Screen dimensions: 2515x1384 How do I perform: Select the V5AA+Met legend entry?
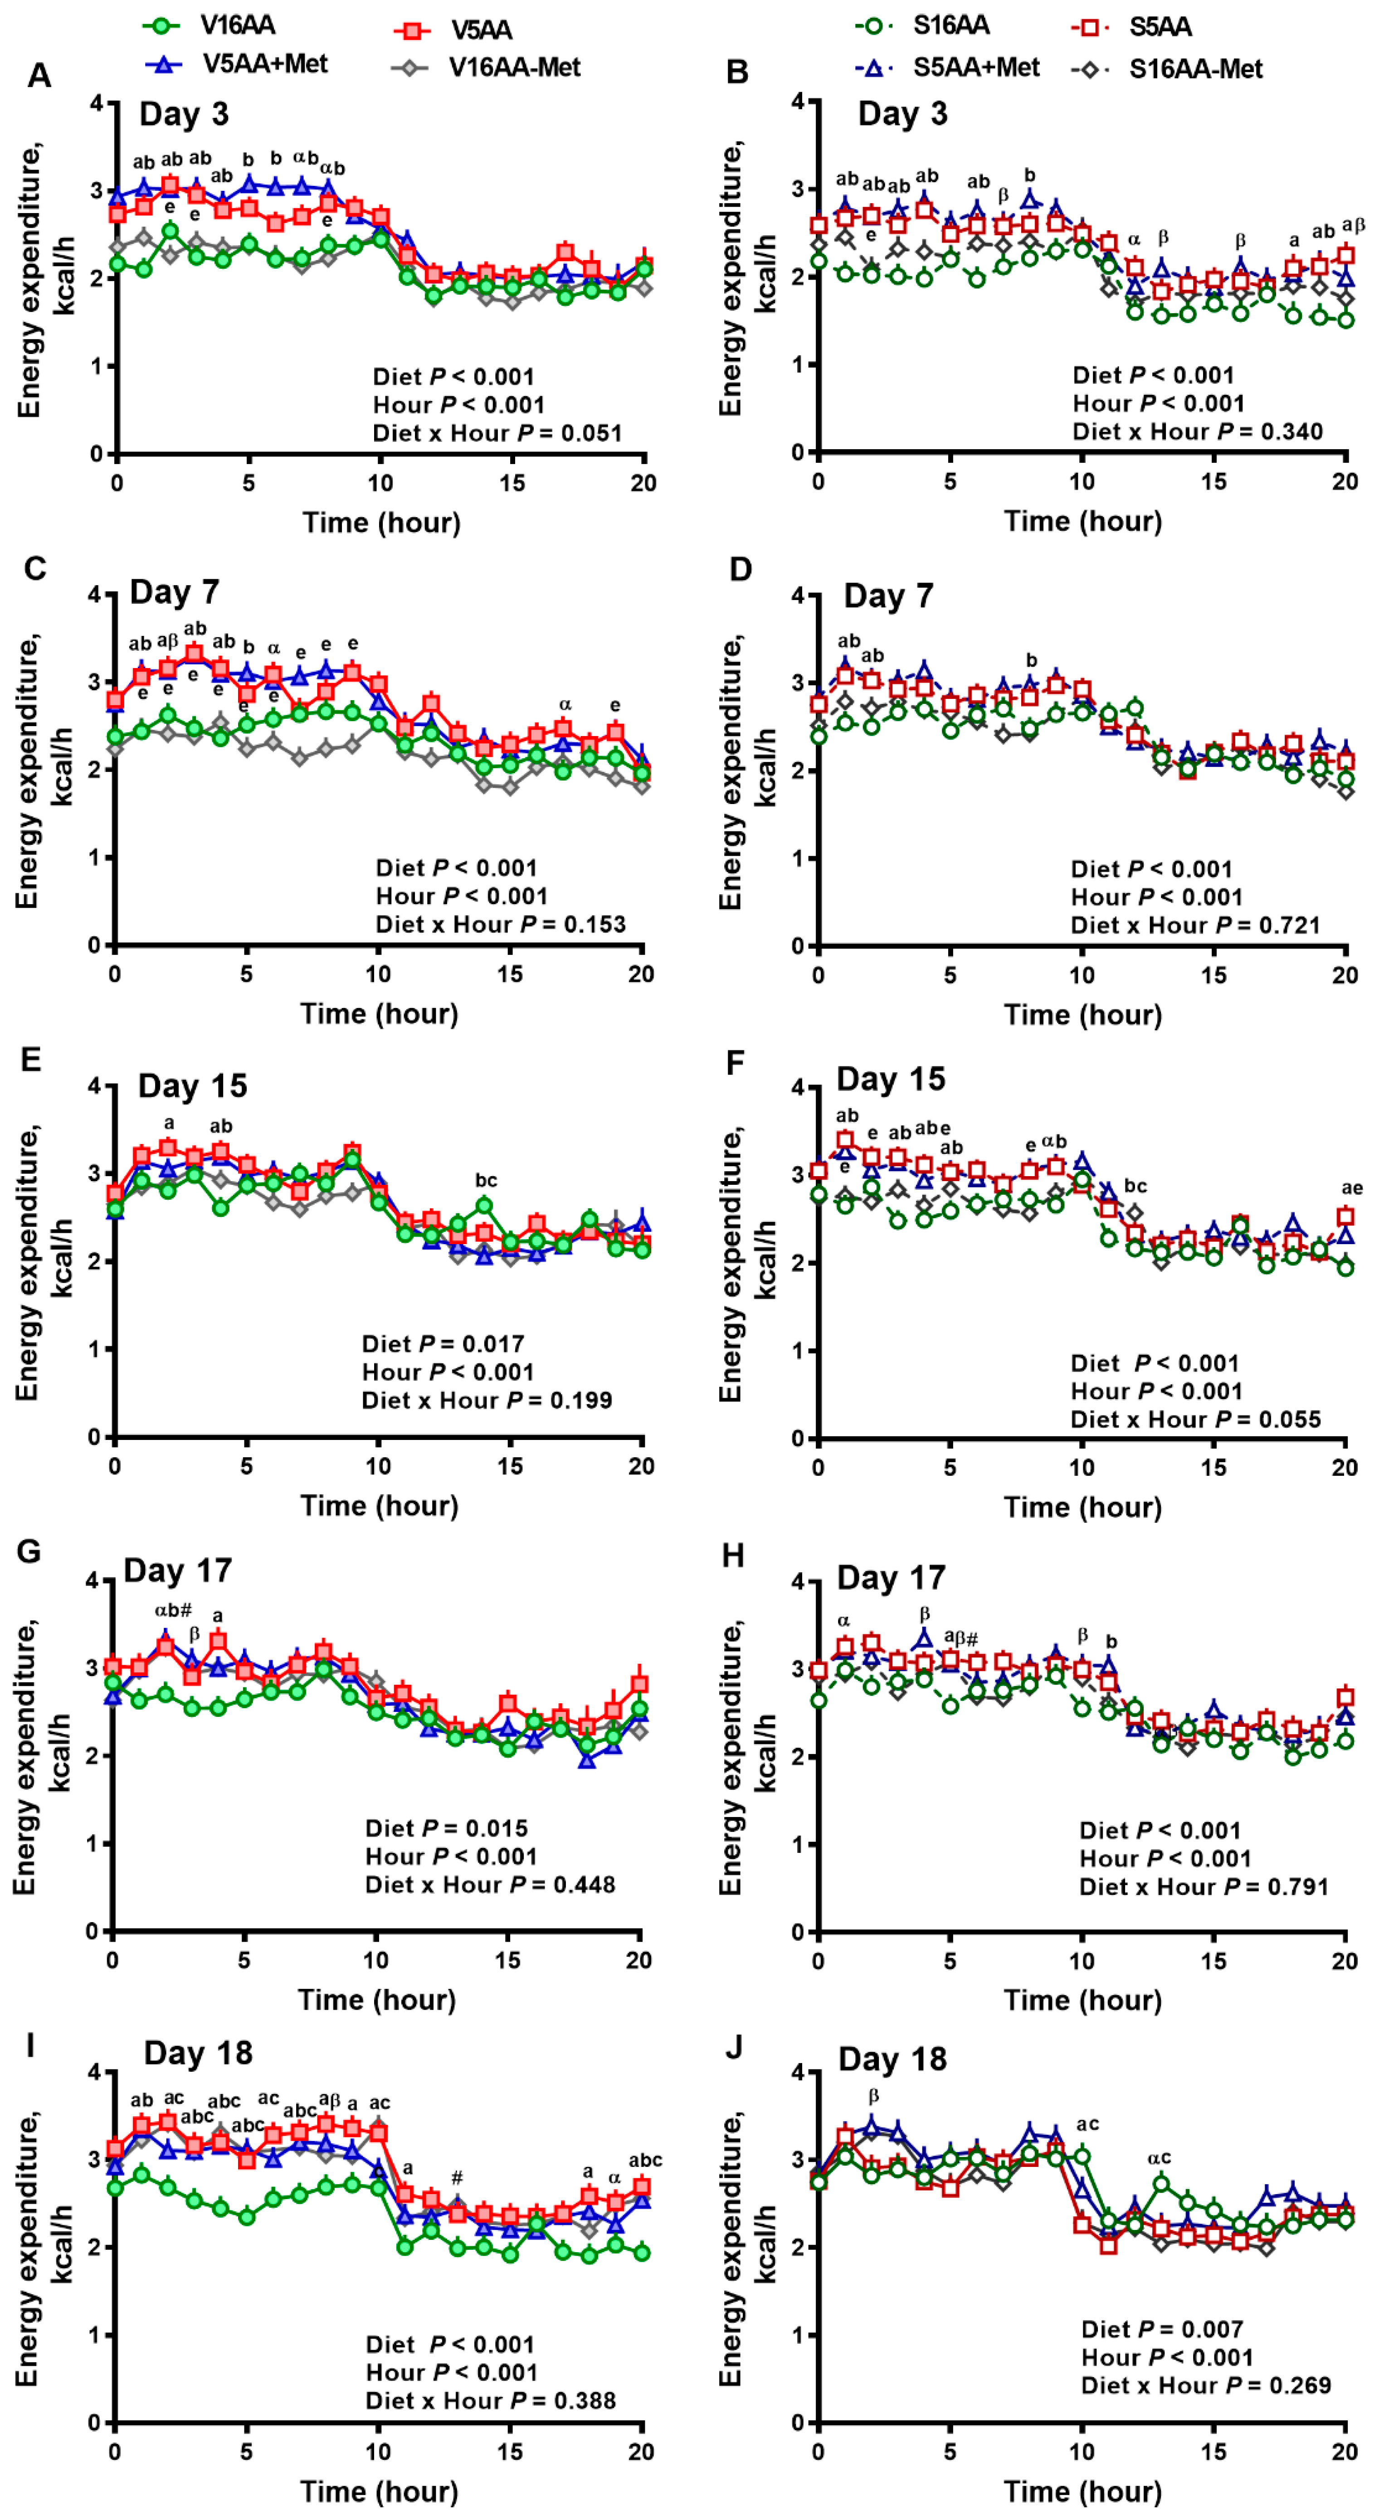point(264,64)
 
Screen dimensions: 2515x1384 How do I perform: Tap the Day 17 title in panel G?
point(178,1571)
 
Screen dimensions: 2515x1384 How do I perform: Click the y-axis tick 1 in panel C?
point(95,857)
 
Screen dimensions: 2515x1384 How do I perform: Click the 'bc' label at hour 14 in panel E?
point(485,1180)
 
